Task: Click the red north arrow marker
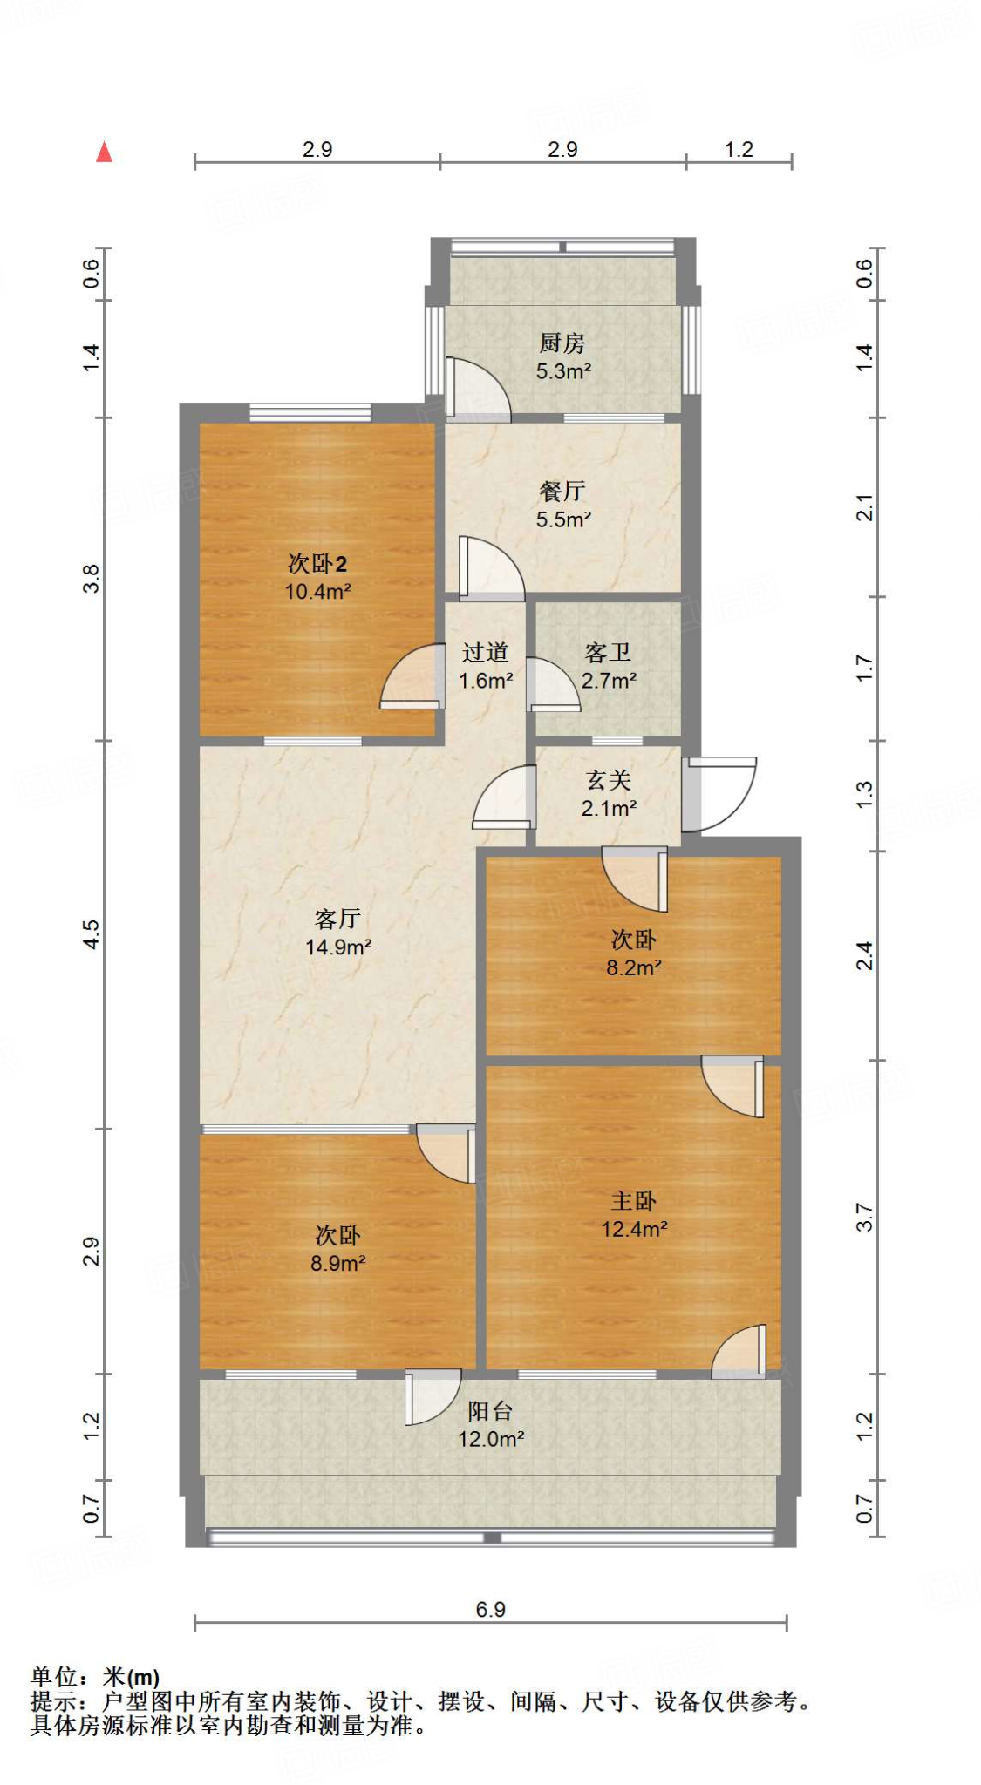[x=105, y=153]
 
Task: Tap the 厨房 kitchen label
[x=562, y=343]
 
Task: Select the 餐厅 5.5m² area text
[x=563, y=519]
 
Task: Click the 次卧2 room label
[x=317, y=564]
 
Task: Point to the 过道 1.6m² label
[x=486, y=666]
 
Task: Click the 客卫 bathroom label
[x=608, y=653]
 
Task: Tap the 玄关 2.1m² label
[x=608, y=794]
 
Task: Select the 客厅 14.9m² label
[x=337, y=933]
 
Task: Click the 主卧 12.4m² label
[x=634, y=1215]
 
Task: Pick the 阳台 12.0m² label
[x=490, y=1424]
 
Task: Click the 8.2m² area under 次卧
[x=634, y=967]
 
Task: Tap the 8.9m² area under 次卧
[x=337, y=1263]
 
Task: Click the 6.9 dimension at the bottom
[x=490, y=1610]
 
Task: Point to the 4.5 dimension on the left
[x=92, y=934]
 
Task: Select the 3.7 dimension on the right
[x=863, y=1217]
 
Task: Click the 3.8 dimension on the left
[x=92, y=579]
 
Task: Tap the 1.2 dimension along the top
[x=739, y=149]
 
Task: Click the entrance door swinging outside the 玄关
[x=719, y=793]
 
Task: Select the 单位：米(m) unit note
[x=96, y=1677]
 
